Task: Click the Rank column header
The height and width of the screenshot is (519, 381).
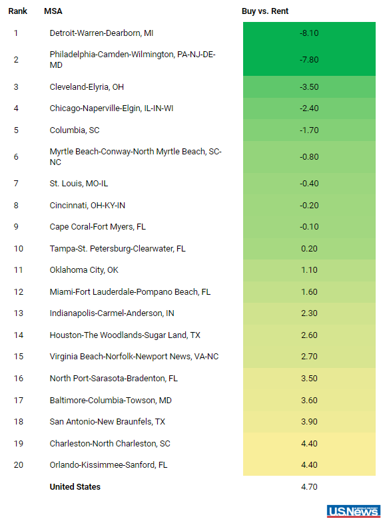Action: coord(17,11)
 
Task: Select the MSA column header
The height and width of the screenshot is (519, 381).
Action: coord(53,11)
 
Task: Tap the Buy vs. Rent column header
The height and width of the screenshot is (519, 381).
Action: coord(265,11)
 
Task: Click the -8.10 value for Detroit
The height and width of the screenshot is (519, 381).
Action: coord(309,33)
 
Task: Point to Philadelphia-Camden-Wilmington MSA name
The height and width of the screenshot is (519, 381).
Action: coord(133,60)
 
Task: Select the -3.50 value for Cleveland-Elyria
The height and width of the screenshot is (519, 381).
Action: coord(309,87)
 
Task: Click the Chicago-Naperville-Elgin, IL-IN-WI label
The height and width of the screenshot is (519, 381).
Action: coord(111,108)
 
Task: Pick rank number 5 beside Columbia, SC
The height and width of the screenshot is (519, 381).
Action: coord(16,130)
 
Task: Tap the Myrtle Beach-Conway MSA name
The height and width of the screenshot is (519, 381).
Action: coord(135,156)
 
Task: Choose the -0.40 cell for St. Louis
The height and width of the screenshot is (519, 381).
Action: coord(309,184)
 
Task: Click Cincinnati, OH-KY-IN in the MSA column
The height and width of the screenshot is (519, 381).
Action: coord(87,206)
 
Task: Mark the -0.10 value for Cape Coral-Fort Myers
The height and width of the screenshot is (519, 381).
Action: coord(309,227)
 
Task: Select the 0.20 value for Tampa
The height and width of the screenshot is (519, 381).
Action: coord(309,249)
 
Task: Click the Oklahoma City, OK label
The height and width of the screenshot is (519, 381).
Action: coord(84,270)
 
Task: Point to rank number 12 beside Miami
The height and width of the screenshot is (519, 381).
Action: coord(19,292)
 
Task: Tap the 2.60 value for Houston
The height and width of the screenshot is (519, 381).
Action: coord(309,335)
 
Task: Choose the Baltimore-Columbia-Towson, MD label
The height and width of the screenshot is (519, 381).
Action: coord(111,400)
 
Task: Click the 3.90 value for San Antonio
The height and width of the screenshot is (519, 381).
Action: coord(309,422)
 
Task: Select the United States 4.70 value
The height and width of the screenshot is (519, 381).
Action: coord(309,487)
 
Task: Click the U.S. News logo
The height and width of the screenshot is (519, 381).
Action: coord(354,511)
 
